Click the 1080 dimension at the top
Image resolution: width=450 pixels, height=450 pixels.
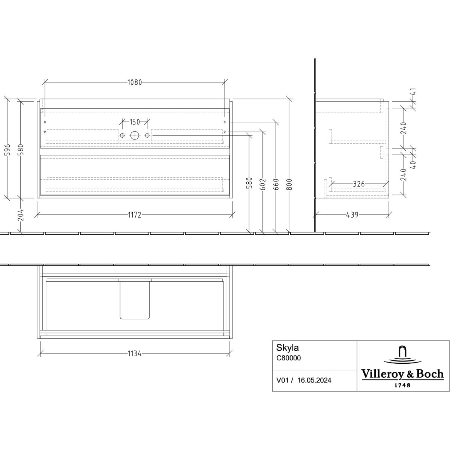[x=135, y=82]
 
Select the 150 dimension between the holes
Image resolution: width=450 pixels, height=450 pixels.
[x=135, y=122]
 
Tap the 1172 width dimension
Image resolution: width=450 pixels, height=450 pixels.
[x=135, y=215]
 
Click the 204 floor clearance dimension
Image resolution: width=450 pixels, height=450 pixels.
[x=21, y=215]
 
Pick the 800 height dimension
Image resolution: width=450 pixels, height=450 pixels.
[x=289, y=184]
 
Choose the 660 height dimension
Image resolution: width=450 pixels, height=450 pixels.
[x=276, y=184]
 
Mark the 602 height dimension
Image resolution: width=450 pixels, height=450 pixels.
[x=263, y=184]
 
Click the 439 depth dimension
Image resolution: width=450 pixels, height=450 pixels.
[x=352, y=215]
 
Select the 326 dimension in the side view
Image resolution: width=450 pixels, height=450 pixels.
[x=359, y=184]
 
